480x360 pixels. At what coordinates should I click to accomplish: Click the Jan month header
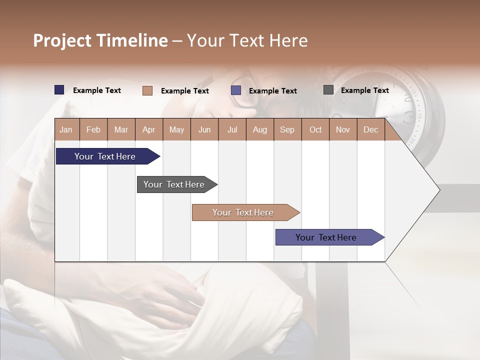66,129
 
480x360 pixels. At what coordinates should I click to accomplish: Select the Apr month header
148,129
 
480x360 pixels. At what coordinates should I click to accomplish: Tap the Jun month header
204,129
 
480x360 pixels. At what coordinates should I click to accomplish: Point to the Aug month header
259,129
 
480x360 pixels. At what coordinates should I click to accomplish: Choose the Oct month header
315,129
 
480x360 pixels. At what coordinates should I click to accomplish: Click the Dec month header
370,129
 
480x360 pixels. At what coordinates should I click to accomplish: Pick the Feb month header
93,129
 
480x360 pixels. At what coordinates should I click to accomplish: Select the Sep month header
287,129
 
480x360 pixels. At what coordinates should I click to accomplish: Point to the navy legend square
59,90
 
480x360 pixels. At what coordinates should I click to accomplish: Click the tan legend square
147,90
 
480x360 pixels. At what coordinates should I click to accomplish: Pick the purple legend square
236,90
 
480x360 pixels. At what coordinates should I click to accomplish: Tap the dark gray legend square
328,90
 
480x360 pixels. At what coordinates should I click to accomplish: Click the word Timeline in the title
132,40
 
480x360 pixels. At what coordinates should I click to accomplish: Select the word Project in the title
62,40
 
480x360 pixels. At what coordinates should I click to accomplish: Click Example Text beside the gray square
364,90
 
